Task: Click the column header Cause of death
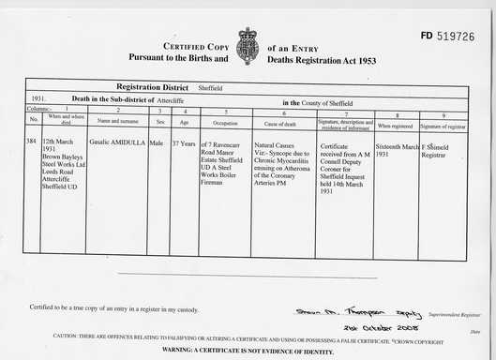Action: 283,122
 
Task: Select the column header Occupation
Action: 226,122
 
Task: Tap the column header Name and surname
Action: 116,122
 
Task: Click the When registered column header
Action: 395,124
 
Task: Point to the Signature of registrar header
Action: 442,124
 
